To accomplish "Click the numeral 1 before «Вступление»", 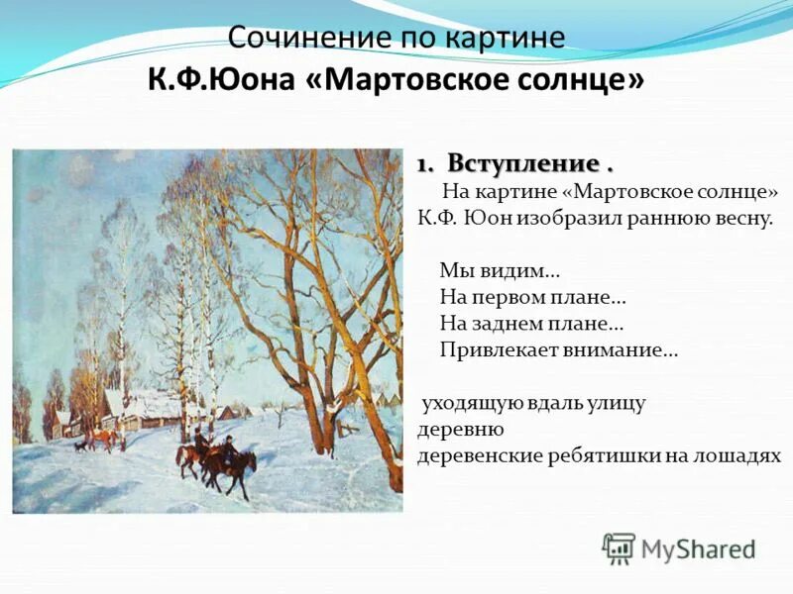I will pyautogui.click(x=422, y=163).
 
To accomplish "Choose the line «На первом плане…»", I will pyautogui.click(x=531, y=296).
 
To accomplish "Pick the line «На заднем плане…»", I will pyautogui.click(x=530, y=323).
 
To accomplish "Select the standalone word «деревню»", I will pyautogui.click(x=461, y=430).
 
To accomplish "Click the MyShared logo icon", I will pyautogui.click(x=619, y=546).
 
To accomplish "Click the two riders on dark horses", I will pyautogui.click(x=216, y=458).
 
